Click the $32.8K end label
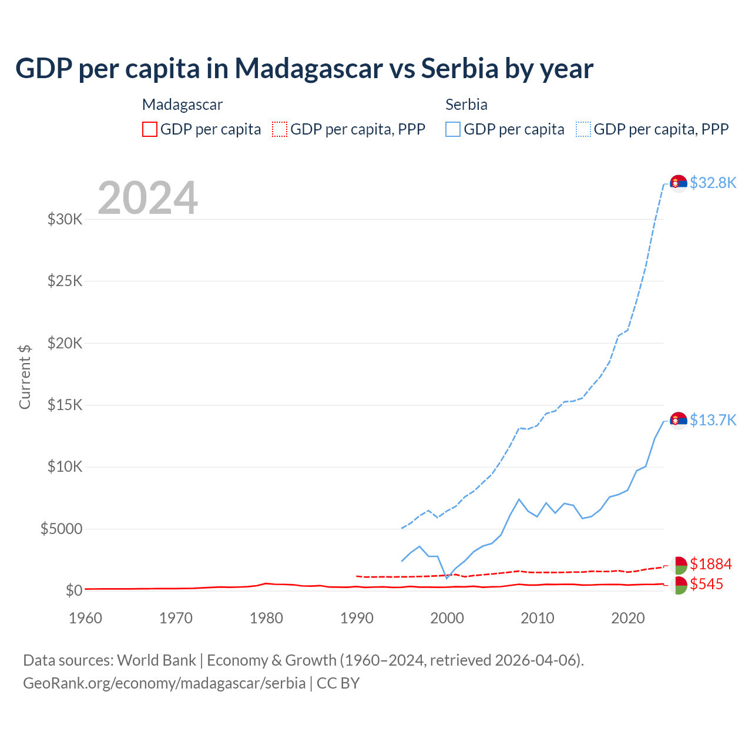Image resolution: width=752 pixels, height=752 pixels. point(713,183)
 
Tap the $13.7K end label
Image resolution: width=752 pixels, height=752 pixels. point(713,420)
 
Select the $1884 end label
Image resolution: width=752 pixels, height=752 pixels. point(711,564)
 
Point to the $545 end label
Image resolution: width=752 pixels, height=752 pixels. point(707,584)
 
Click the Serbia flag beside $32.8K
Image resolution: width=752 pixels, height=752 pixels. point(679,183)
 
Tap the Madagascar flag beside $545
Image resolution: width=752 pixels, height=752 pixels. point(679,585)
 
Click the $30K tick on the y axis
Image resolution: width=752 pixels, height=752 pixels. point(65,220)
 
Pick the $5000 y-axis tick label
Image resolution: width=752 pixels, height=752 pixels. point(61,529)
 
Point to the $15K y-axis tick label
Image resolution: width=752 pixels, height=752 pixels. point(65,405)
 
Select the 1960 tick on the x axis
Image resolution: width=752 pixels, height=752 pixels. point(86,618)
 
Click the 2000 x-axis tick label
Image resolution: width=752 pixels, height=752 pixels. point(447,618)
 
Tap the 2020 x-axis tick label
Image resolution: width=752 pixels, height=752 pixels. point(628,618)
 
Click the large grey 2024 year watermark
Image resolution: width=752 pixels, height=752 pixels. point(147,198)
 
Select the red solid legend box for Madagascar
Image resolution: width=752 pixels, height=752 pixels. point(150,129)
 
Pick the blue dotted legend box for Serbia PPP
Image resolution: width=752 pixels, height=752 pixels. point(583,129)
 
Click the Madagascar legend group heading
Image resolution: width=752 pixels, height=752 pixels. point(182,105)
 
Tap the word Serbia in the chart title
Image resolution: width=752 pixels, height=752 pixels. point(459,69)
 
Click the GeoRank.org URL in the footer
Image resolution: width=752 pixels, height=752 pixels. point(164,683)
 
